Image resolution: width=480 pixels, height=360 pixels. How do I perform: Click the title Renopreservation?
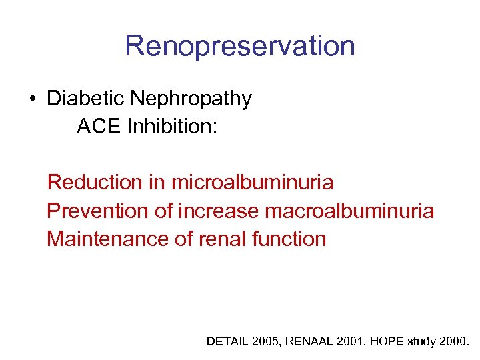(x=239, y=46)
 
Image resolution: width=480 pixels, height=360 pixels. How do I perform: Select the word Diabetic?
(x=85, y=99)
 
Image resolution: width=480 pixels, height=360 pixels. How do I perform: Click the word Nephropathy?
(x=191, y=99)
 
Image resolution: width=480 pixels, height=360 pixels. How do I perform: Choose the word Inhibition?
(x=171, y=126)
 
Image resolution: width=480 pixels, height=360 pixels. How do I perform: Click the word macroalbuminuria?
(x=349, y=211)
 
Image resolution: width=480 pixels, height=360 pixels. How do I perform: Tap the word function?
(x=290, y=239)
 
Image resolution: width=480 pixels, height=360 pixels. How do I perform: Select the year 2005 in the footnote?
(x=265, y=341)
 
